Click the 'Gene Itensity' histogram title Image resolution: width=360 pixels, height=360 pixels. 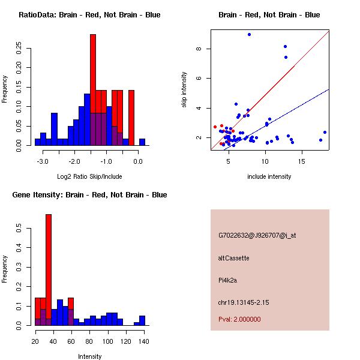[x=89, y=195]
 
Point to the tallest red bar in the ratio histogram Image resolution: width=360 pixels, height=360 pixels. [x=93, y=90]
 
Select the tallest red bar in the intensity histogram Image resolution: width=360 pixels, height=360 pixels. [x=49, y=270]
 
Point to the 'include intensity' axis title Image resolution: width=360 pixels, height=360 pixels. [x=269, y=176]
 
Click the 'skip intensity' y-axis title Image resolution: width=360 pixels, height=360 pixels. [x=185, y=90]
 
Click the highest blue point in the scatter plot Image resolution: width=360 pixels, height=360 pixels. [x=249, y=35]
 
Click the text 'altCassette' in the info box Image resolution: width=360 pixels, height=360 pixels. [x=234, y=258]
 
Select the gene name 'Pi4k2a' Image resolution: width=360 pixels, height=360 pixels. [x=229, y=280]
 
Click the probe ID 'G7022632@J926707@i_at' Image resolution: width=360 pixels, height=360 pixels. [x=257, y=235]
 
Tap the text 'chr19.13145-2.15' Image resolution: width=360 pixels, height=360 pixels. [x=244, y=302]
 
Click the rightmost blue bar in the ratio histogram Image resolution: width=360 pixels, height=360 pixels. [x=142, y=142]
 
